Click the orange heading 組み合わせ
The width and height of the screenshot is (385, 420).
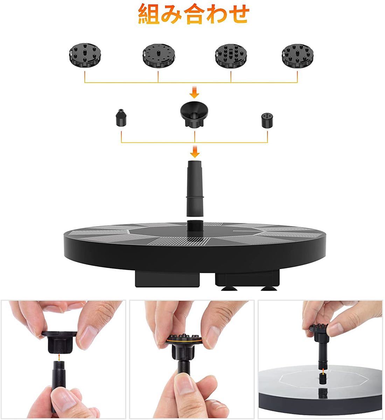(x=194, y=14)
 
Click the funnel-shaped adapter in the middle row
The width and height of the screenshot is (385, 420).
(x=195, y=114)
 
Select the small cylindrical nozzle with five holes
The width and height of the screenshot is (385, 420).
(x=267, y=120)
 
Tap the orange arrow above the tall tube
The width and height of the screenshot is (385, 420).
(x=195, y=152)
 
